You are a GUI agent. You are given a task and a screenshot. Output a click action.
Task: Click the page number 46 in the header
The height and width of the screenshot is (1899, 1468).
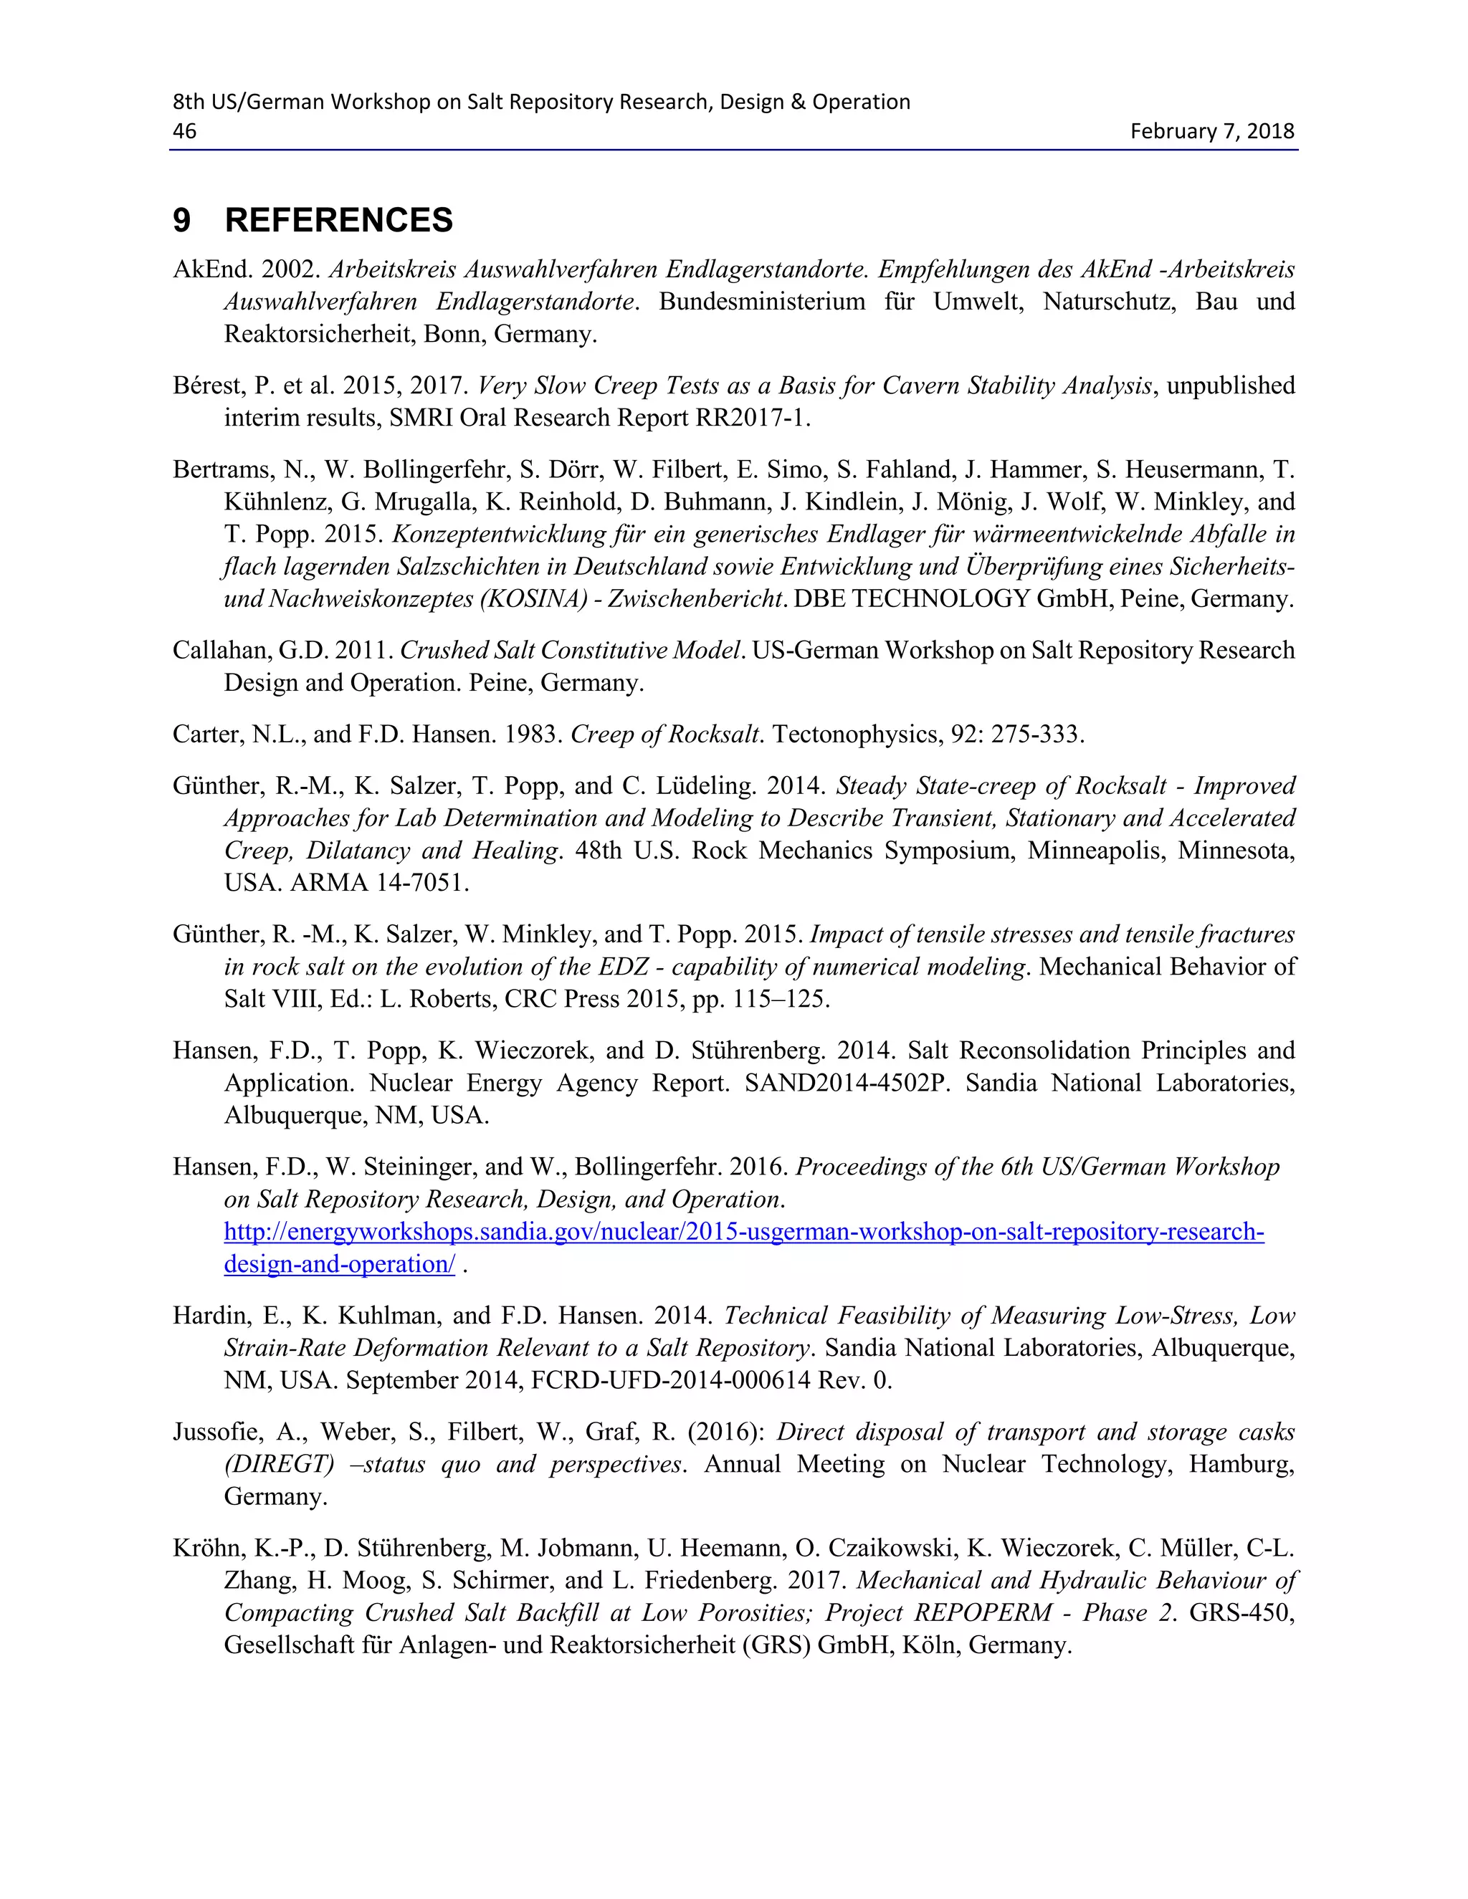tap(184, 131)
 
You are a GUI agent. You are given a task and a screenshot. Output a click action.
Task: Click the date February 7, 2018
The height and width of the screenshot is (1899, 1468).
tap(1211, 131)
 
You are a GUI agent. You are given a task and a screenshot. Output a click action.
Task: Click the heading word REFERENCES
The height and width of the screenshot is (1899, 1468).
tap(338, 220)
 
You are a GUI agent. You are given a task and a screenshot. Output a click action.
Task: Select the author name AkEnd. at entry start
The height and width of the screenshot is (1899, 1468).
tap(212, 269)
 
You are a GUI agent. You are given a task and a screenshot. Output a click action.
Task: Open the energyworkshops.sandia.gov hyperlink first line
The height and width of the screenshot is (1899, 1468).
tap(743, 1232)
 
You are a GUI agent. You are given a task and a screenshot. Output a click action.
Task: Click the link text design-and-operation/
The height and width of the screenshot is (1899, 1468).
tap(339, 1264)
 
